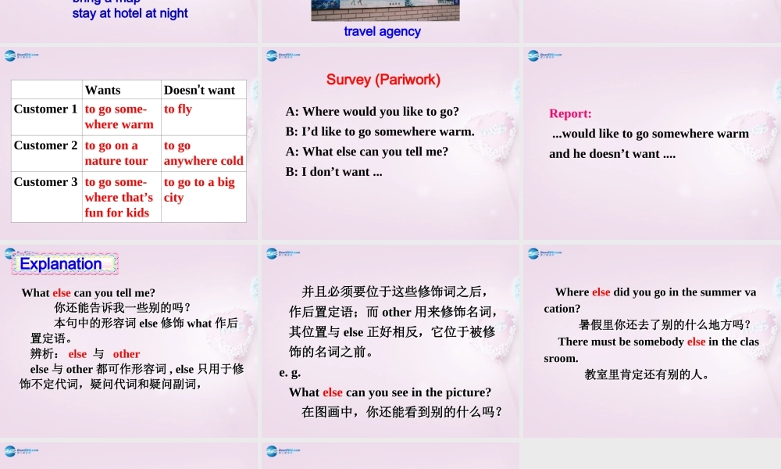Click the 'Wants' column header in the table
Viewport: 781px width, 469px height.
point(102,90)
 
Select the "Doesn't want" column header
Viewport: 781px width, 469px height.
point(199,90)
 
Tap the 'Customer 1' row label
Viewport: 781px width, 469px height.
point(46,109)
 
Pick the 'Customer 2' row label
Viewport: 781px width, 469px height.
point(46,145)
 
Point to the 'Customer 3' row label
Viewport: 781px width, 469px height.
point(46,182)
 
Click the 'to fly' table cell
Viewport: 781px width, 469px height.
point(178,109)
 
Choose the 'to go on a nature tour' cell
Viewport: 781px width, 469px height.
point(116,153)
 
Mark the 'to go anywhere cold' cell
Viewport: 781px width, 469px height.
point(203,153)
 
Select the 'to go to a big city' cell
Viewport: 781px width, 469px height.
point(199,190)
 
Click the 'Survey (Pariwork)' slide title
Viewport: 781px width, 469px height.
point(383,80)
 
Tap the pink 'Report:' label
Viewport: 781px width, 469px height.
point(570,113)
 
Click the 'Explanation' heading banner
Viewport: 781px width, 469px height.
point(62,264)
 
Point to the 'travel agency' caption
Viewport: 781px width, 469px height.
point(382,31)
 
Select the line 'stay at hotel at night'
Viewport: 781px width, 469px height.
point(130,13)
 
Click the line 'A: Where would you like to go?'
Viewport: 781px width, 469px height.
point(373,112)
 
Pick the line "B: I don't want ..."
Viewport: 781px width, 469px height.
point(334,172)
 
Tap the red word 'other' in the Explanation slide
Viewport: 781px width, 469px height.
point(127,354)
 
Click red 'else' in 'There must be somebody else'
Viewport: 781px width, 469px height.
point(696,342)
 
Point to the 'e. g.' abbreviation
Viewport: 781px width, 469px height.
point(290,373)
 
